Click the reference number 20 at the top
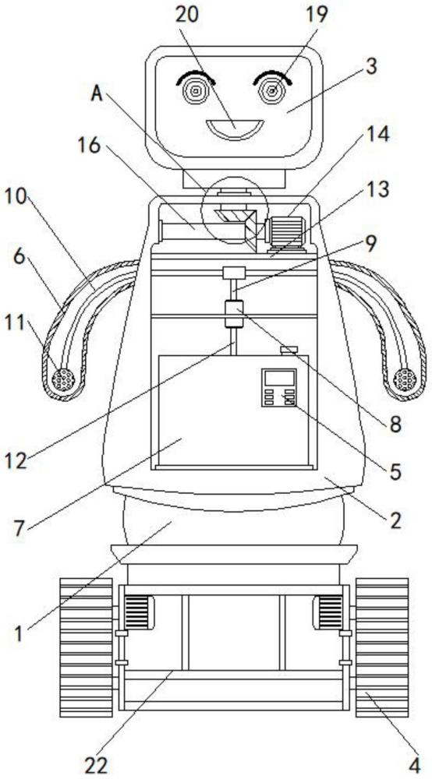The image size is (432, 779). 187,14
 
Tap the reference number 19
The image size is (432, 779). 317,14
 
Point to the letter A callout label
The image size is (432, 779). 97,94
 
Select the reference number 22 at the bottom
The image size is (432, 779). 96,765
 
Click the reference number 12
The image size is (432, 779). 16,462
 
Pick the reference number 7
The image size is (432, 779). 19,529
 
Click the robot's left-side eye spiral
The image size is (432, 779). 196,91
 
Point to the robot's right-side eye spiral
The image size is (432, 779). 272,91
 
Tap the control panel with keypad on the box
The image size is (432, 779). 279,387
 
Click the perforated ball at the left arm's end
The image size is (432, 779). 63,381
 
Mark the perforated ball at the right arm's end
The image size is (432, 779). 405,380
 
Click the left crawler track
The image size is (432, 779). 86,647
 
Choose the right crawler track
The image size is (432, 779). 382,647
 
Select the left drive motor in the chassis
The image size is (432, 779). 139,612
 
